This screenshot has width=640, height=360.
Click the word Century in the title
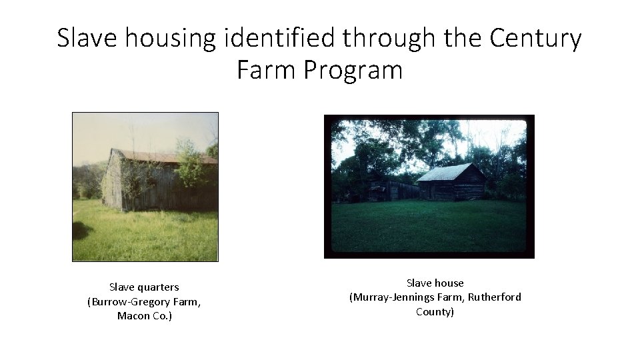click(535, 39)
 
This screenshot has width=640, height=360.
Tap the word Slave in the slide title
click(82, 39)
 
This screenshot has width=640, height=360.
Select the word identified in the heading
click(281, 39)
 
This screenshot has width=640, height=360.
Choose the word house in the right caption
click(449, 283)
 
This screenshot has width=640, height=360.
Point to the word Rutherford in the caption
click(495, 297)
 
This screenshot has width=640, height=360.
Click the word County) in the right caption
click(435, 311)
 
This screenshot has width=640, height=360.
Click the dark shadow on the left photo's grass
click(83, 231)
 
